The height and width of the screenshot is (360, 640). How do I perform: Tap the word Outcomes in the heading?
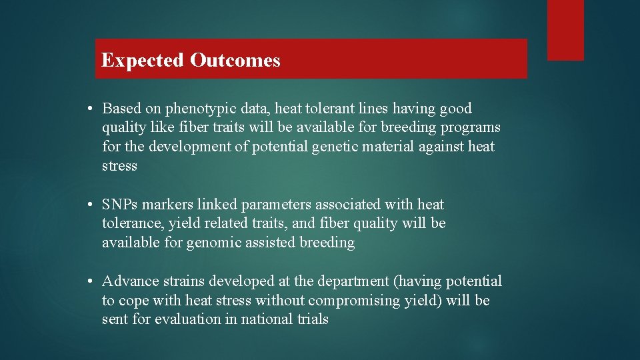click(235, 61)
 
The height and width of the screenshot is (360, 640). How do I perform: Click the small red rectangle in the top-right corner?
click(565, 30)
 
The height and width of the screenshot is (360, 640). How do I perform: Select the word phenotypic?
click(199, 109)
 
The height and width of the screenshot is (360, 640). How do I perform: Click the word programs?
click(470, 127)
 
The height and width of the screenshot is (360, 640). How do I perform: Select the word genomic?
click(214, 243)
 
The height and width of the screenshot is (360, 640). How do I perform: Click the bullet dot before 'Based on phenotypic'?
click(89, 109)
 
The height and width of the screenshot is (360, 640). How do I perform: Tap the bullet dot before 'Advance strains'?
click(89, 281)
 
